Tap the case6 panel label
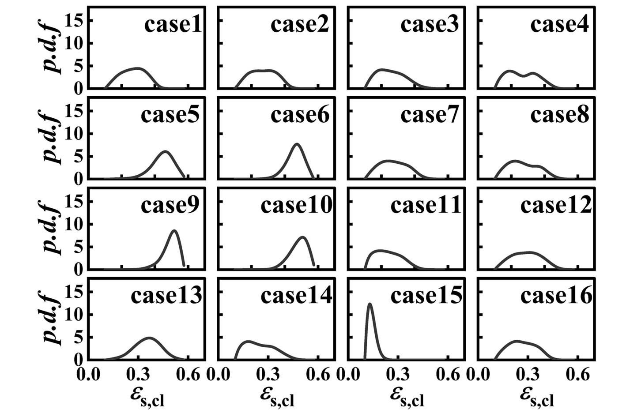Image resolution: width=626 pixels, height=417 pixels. (x=300, y=116)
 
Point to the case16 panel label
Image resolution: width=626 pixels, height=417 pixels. (x=556, y=296)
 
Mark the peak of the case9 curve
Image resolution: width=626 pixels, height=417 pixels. (x=174, y=231)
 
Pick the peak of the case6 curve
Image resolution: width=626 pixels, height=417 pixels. (x=297, y=144)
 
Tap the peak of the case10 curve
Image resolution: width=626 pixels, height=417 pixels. (x=303, y=237)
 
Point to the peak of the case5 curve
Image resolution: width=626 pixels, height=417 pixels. (x=166, y=152)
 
